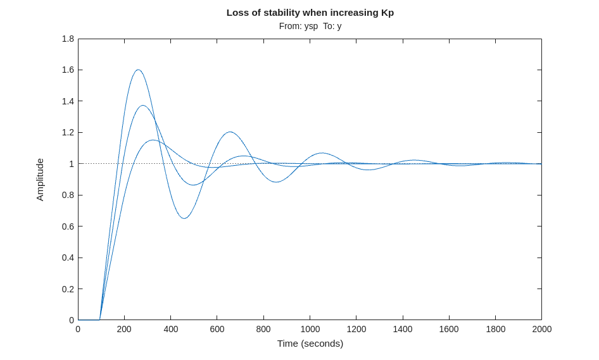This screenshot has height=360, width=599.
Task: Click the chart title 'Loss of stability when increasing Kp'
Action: coord(310,13)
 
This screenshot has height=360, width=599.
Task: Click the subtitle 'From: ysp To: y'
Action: coord(310,26)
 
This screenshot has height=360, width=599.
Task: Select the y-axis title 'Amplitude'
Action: coord(40,180)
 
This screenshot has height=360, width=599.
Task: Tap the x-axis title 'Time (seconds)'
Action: coord(310,344)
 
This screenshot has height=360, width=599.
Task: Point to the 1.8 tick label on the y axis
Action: coord(68,39)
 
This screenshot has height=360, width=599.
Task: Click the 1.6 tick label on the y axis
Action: coord(68,70)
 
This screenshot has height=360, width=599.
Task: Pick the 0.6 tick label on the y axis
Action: coord(68,227)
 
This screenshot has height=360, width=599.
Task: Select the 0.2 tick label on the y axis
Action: coord(68,289)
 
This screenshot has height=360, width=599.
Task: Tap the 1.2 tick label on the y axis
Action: coord(68,132)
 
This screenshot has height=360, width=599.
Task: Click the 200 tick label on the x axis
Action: coord(124,329)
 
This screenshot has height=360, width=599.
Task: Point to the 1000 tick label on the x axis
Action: coord(310,329)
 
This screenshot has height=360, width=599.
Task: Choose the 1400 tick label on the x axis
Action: coord(403,329)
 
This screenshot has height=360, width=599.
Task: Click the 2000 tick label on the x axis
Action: coord(541,329)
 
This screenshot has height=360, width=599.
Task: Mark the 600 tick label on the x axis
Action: coord(217,329)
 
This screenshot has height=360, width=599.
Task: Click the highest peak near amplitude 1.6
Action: coord(138,70)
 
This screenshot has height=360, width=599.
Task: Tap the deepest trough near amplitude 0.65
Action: coord(184,218)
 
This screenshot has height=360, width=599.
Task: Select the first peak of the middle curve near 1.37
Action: coord(143,106)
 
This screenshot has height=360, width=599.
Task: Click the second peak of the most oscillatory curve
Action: coord(229,132)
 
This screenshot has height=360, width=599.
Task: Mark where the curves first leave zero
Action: coord(99,320)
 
